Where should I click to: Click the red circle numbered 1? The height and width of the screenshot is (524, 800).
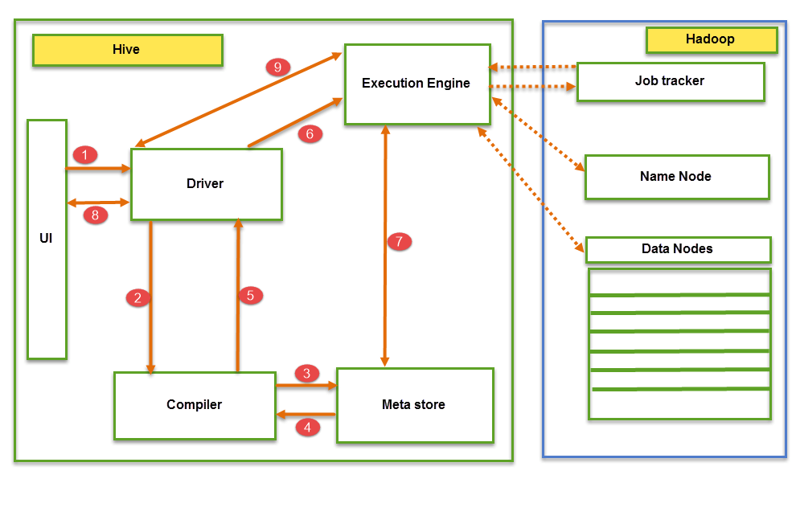click(84, 154)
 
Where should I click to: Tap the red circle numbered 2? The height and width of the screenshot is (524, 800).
click(138, 297)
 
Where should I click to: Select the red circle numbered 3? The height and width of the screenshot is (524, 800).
click(306, 373)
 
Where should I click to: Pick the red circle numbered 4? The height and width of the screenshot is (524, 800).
click(307, 428)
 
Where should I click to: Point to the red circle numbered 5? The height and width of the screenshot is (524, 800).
click(250, 295)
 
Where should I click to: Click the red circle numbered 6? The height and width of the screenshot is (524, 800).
click(310, 134)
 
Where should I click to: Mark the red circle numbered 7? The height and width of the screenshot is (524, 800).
click(400, 241)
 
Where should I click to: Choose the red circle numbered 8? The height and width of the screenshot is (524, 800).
click(95, 215)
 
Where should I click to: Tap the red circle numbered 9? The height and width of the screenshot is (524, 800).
click(277, 68)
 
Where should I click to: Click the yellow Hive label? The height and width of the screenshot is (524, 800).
click(127, 50)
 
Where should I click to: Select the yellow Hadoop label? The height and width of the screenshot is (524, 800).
click(711, 39)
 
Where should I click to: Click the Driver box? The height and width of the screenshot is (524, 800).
click(206, 184)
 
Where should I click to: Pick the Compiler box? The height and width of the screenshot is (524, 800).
click(195, 405)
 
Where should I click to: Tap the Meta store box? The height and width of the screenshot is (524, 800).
click(414, 405)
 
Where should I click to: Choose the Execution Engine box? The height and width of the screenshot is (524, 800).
click(416, 84)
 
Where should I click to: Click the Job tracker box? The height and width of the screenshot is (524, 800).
click(670, 81)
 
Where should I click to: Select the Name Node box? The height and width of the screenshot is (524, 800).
click(676, 177)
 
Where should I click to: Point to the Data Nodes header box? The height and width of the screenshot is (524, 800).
click(678, 249)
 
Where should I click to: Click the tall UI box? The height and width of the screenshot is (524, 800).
click(47, 239)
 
